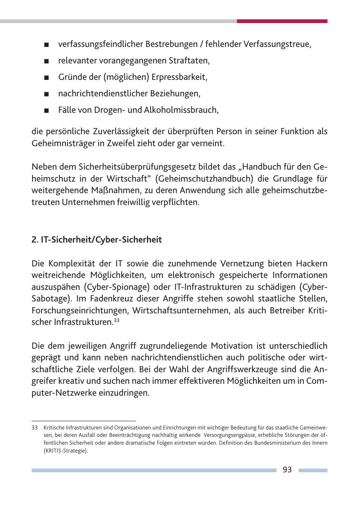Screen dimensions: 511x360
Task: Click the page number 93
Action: pyautogui.click(x=287, y=470)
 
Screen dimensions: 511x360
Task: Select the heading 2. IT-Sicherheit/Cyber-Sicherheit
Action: pyautogui.click(x=97, y=240)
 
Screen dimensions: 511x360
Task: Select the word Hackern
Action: pyautogui.click(x=311, y=263)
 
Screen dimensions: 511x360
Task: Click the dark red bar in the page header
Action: pyautogui.click(x=282, y=21)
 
